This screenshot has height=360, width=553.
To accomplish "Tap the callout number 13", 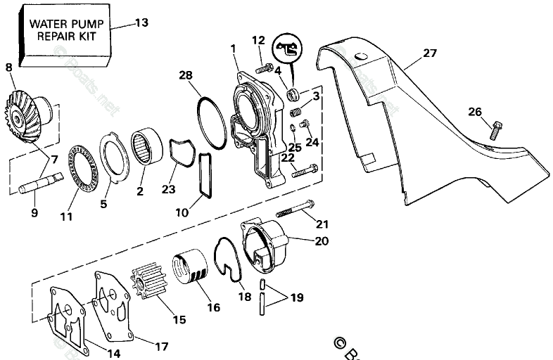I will click(x=141, y=22).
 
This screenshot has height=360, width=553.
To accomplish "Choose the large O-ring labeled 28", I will click(x=211, y=122).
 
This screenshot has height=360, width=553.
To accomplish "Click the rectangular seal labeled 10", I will click(x=205, y=175).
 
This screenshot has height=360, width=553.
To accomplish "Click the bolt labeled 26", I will click(x=496, y=131).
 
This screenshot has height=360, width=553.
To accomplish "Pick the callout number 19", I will click(x=296, y=298).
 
